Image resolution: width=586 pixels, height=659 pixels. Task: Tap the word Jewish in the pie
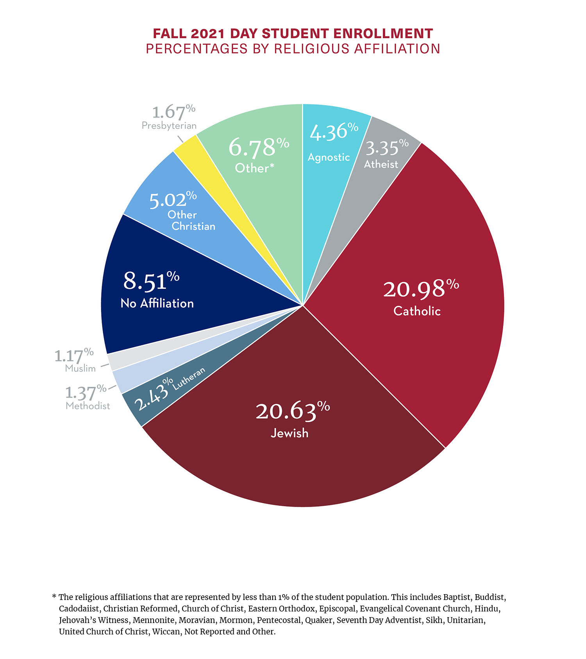click(289, 433)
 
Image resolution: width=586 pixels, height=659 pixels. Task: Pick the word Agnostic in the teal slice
click(329, 157)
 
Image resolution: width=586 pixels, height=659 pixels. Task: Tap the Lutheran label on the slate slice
click(189, 378)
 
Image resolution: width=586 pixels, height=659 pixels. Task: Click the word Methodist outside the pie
click(88, 406)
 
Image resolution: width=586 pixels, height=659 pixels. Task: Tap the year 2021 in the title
click(208, 34)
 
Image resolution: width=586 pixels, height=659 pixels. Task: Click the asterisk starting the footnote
click(54, 597)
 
